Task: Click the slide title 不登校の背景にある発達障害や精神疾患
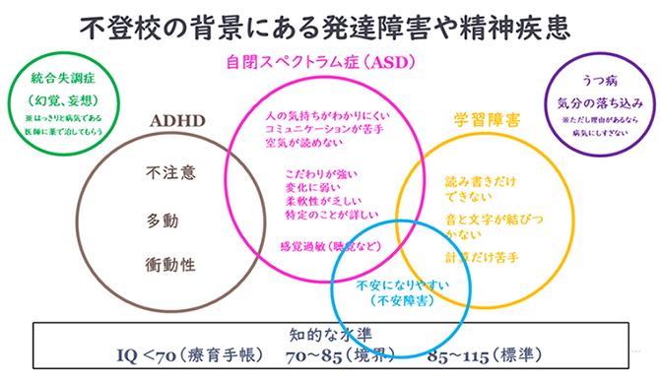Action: (329, 25)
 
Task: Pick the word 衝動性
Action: (170, 263)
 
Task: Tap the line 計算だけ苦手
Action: (482, 257)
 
